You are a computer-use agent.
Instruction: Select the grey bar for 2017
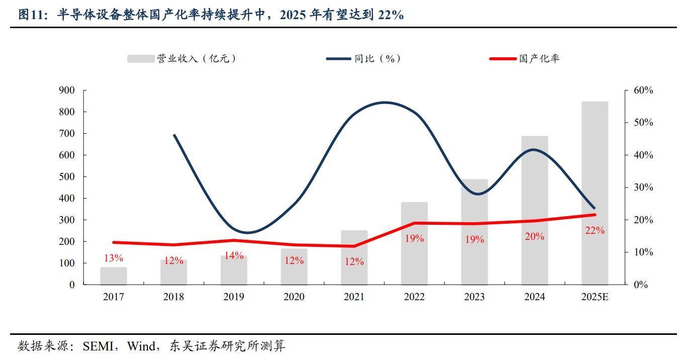(x=114, y=276)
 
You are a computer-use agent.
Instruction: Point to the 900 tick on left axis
(x=67, y=91)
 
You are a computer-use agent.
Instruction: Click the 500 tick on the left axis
(x=67, y=177)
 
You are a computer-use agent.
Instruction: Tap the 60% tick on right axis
(x=643, y=91)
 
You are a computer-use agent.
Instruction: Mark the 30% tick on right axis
(x=643, y=188)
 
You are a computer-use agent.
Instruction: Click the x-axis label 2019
(x=234, y=297)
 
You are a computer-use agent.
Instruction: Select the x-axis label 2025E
(x=595, y=297)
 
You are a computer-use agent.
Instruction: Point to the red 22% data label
(x=595, y=231)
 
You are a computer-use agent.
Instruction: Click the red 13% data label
(x=114, y=258)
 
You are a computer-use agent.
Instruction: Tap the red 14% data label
(x=234, y=255)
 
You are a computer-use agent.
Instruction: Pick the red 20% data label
(x=535, y=236)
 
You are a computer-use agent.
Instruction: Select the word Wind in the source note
(x=141, y=346)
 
